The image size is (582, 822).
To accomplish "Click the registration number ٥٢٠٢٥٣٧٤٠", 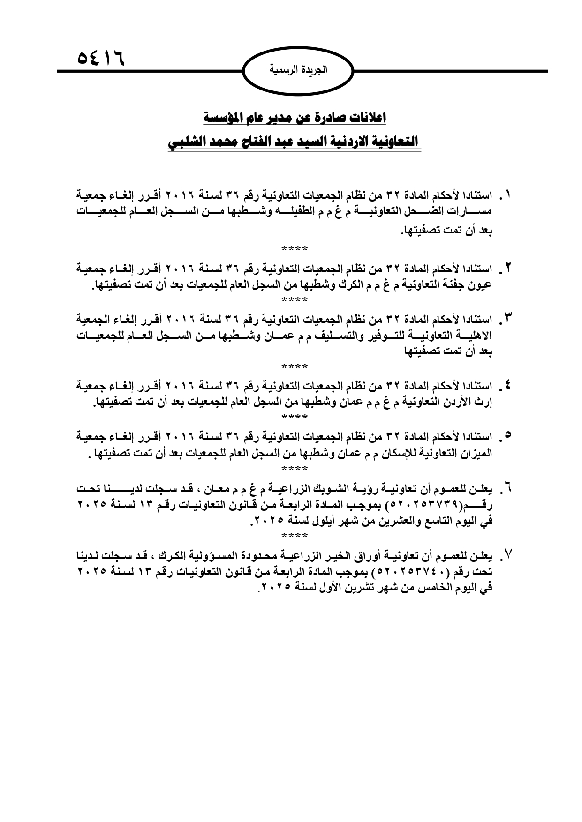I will [x=418, y=573].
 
